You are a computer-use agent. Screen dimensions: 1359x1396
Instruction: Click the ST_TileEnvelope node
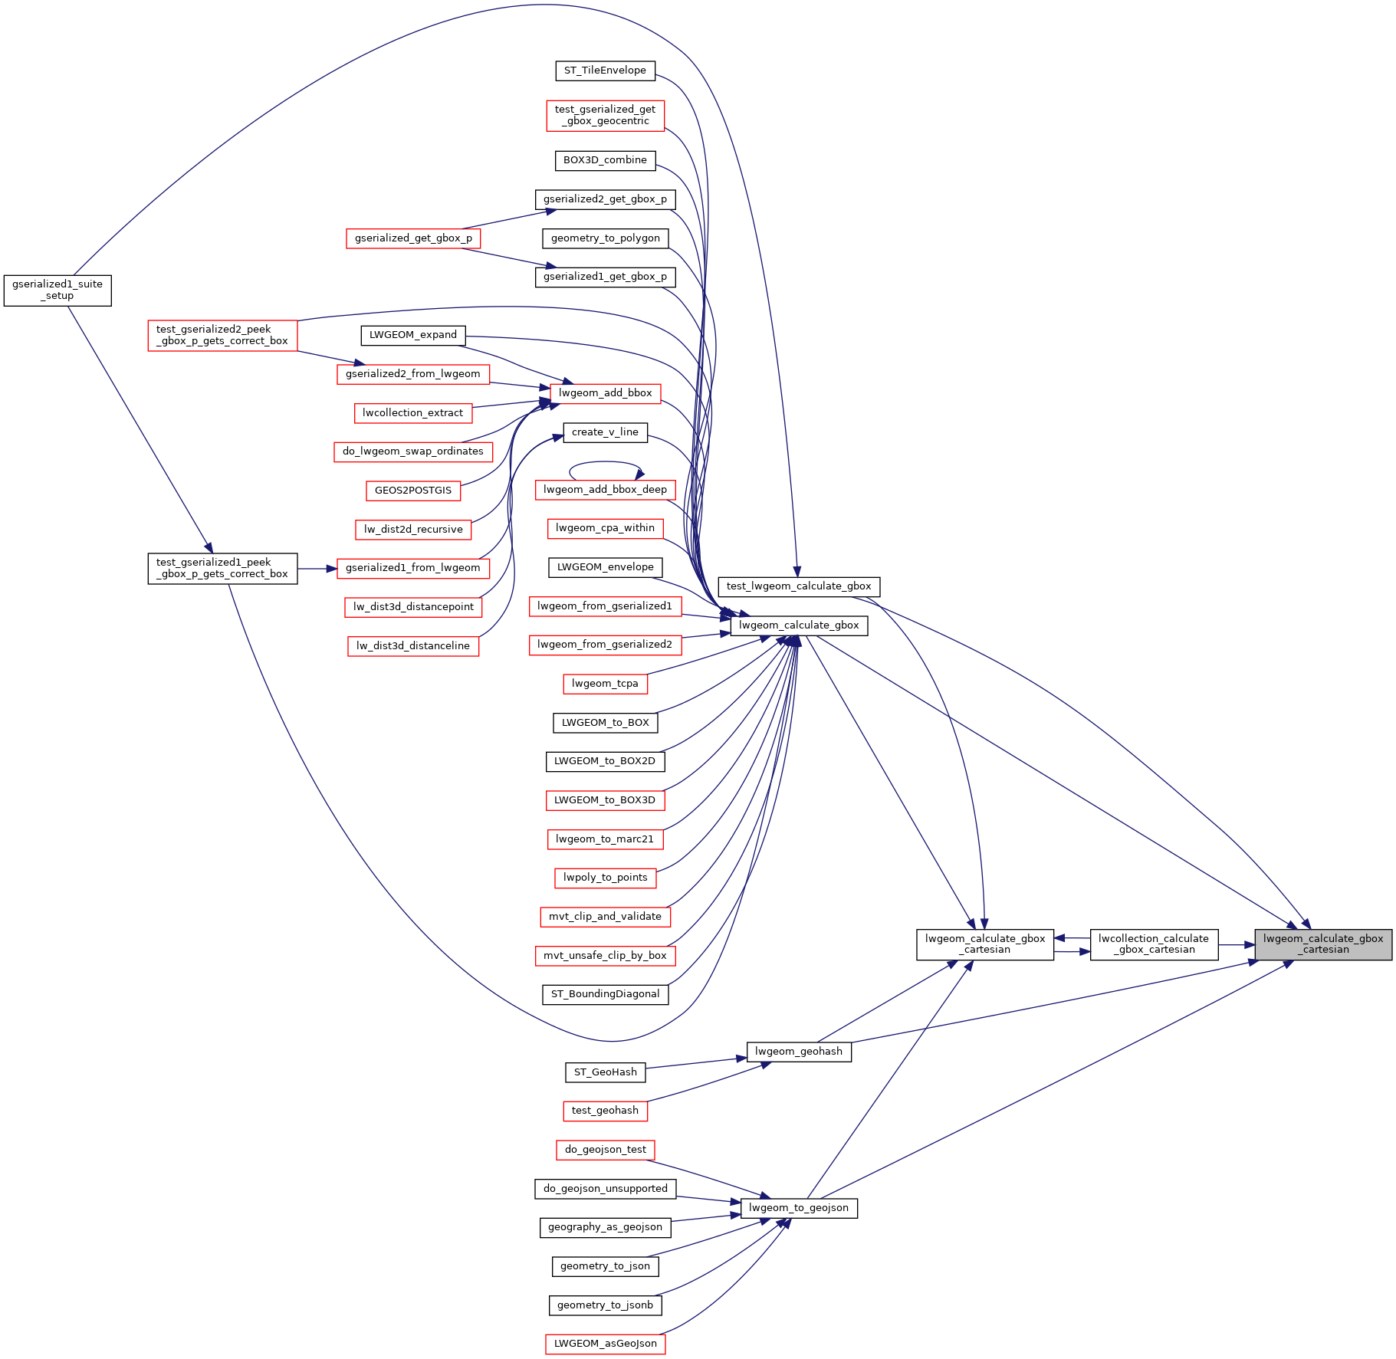(x=605, y=71)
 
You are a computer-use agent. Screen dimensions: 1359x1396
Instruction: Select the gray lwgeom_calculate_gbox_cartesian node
(x=1322, y=944)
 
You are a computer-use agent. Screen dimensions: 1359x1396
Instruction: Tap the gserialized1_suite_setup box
(x=57, y=290)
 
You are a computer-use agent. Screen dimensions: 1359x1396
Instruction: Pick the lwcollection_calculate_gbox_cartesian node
(x=1153, y=944)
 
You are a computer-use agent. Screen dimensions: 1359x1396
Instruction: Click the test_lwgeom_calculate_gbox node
(x=798, y=586)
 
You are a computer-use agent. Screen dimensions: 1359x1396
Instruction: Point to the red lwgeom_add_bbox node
(x=605, y=393)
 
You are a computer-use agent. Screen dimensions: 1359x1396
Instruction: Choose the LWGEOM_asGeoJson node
(x=605, y=1344)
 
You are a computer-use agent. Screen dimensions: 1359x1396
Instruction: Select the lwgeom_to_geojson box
(x=798, y=1208)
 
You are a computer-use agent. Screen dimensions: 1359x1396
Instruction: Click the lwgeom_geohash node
(x=798, y=1052)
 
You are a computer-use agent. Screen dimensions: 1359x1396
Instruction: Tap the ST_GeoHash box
(x=605, y=1072)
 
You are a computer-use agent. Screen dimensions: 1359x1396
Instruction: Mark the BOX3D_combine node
(x=605, y=160)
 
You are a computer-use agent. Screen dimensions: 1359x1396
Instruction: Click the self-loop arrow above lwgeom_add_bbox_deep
(x=605, y=462)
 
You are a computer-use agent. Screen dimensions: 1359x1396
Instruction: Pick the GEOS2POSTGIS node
(x=413, y=491)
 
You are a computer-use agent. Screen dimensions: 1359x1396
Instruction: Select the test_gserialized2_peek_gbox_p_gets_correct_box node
(x=222, y=335)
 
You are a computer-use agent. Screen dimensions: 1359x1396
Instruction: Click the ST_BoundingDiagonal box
(x=605, y=994)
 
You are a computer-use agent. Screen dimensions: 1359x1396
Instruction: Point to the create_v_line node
(x=605, y=432)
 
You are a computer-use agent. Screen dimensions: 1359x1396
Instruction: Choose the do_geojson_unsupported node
(x=605, y=1189)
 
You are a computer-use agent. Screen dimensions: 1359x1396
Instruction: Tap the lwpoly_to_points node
(x=605, y=878)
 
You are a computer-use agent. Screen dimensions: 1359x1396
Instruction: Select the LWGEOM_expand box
(x=413, y=335)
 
